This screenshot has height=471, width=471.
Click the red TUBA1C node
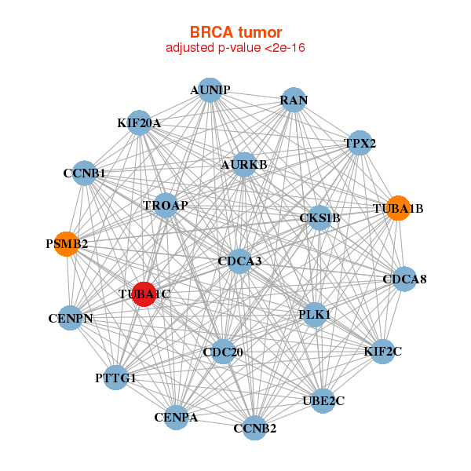(144, 294)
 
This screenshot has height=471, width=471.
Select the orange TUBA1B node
(398, 208)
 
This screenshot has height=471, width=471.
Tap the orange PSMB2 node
(67, 244)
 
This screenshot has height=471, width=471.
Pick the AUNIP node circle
(210, 89)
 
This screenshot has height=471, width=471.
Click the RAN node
(294, 100)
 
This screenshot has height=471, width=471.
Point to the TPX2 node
(360, 143)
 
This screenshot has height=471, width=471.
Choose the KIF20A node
(139, 123)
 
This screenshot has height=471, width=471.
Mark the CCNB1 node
(85, 173)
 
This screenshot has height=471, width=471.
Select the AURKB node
(244, 165)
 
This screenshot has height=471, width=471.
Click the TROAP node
(166, 206)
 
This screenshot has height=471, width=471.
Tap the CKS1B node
(319, 217)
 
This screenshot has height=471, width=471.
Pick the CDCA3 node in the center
(239, 261)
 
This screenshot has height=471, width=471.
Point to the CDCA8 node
(404, 279)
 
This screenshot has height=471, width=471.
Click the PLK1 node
(315, 315)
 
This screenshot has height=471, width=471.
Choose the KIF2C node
(383, 352)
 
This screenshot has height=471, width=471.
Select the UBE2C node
(323, 401)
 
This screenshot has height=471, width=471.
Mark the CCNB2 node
(254, 428)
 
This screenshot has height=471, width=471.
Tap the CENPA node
(176, 418)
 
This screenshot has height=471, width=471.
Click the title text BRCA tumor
(235, 32)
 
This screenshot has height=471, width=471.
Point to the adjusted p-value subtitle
(235, 48)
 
